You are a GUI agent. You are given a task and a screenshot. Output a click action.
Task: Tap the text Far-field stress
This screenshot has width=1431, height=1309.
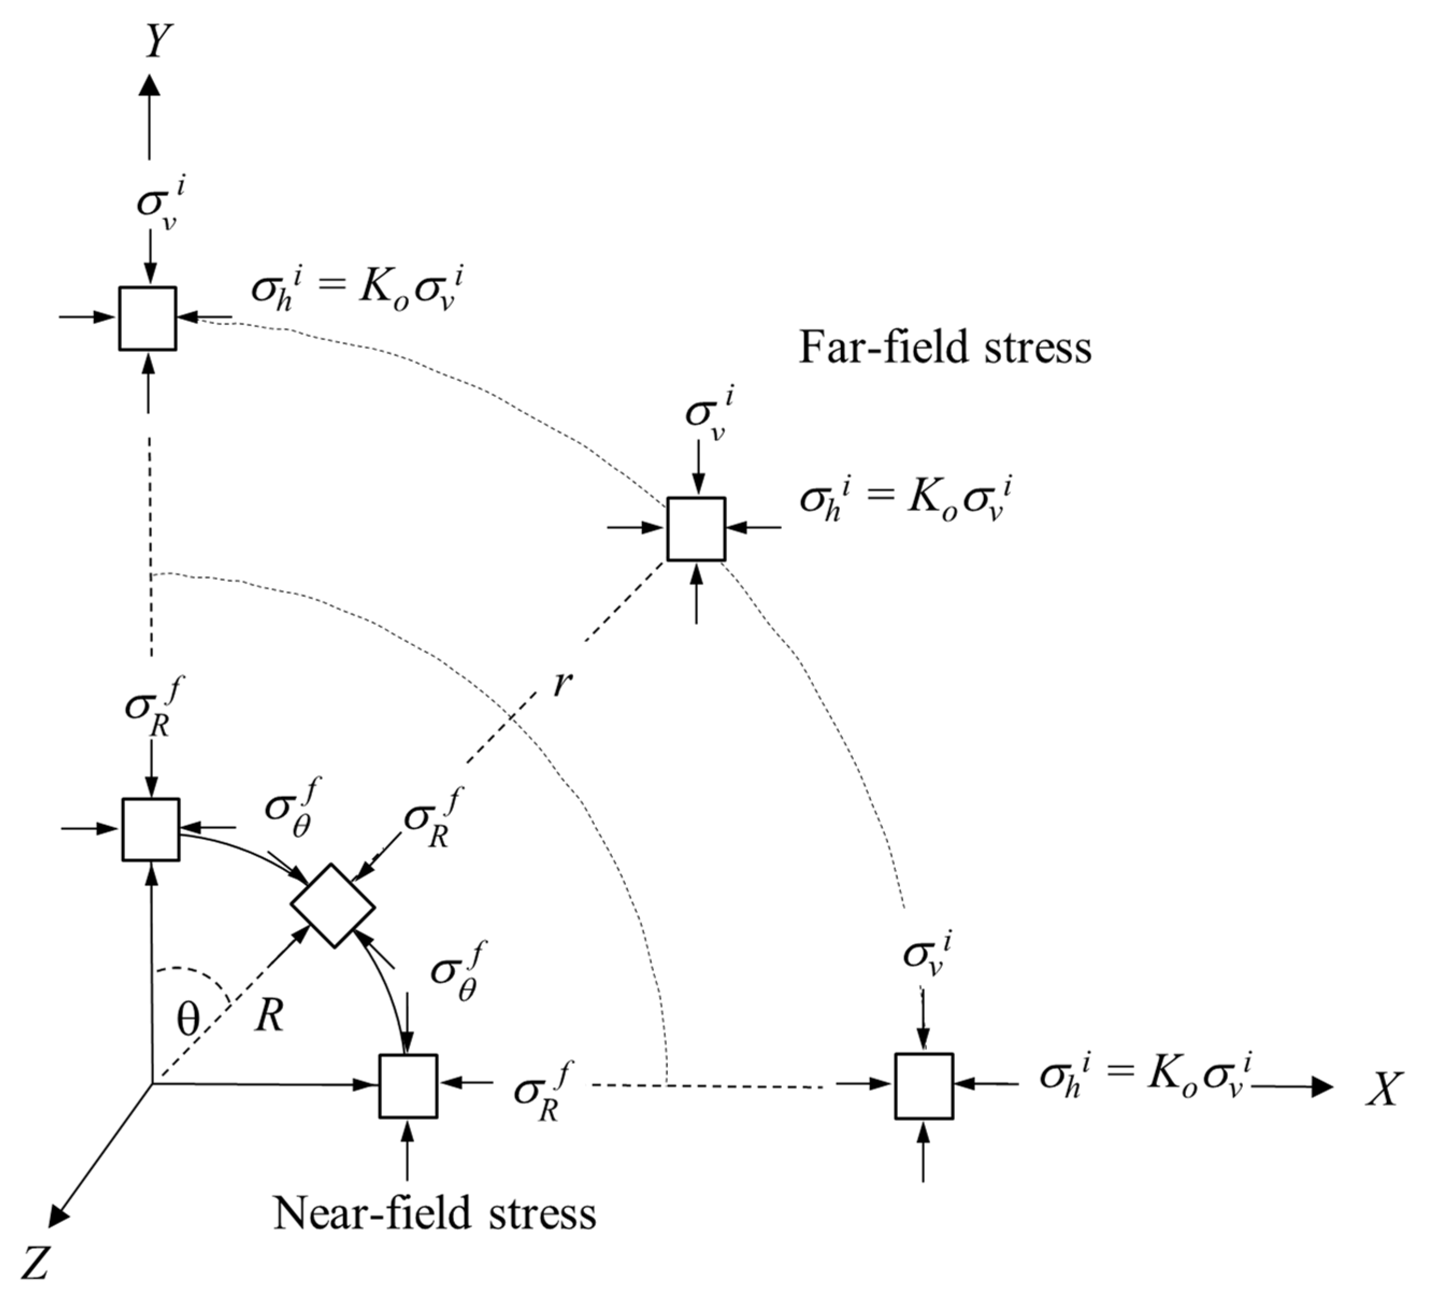pyautogui.click(x=945, y=348)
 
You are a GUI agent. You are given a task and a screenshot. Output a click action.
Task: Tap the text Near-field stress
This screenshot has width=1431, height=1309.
pyautogui.click(x=434, y=1213)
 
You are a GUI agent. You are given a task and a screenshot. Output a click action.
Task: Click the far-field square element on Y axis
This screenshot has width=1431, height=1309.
pyautogui.click(x=148, y=319)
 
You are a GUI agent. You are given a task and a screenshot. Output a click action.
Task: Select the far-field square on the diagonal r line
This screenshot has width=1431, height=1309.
pyautogui.click(x=696, y=529)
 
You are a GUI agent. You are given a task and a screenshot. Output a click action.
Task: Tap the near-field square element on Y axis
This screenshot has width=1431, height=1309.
pyautogui.click(x=150, y=829)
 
